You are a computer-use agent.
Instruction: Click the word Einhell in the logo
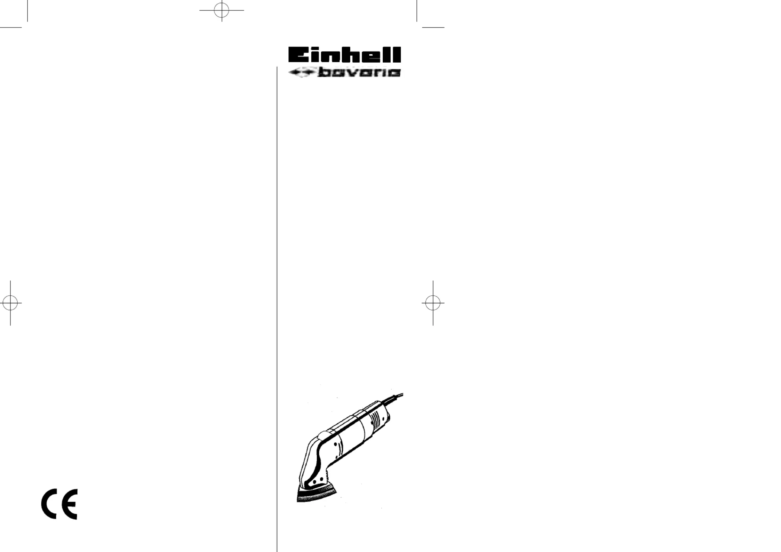pyautogui.click(x=344, y=55)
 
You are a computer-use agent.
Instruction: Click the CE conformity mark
pyautogui.click(x=59, y=504)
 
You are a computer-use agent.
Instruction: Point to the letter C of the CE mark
pyautogui.click(x=49, y=504)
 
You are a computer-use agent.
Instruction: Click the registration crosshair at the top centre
pyautogui.click(x=222, y=10)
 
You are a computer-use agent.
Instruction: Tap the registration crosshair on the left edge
pyautogui.click(x=10, y=303)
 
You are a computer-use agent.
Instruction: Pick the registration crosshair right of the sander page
pyautogui.click(x=433, y=303)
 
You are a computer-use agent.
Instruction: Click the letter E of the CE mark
pyautogui.click(x=70, y=504)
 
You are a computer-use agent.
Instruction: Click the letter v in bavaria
pyautogui.click(x=353, y=72)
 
